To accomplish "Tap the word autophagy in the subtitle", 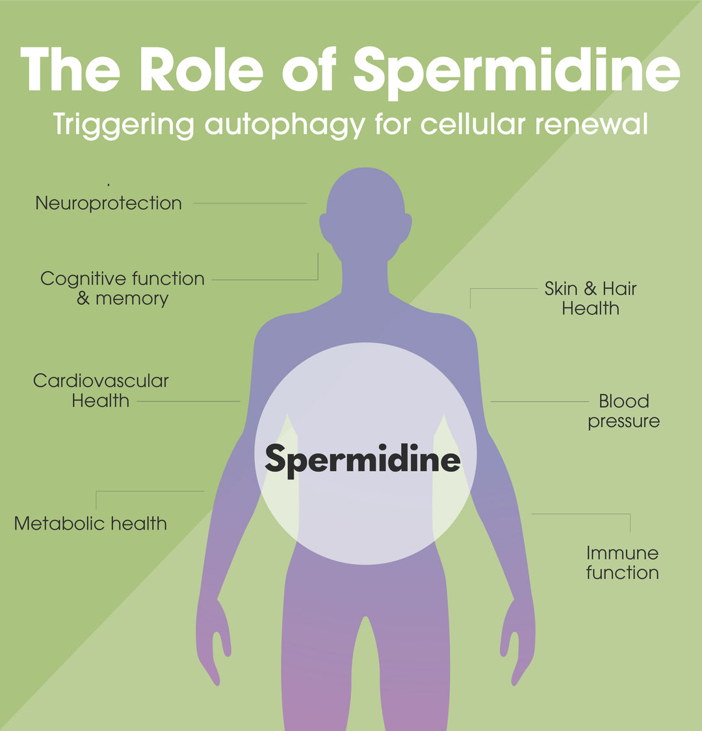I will tap(285, 123).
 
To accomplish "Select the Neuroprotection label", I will tap(109, 203).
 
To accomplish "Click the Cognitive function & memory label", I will tap(122, 289).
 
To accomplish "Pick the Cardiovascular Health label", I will tap(101, 391).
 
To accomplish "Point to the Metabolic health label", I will tap(90, 523).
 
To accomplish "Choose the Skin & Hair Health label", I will tap(590, 298).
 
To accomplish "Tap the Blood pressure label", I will tap(623, 411).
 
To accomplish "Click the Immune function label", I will tap(622, 563).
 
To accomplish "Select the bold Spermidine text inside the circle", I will tap(363, 460).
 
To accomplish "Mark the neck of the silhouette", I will tap(365, 276).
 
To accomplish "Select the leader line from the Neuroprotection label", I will tap(250, 203).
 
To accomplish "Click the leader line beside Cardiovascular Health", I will tap(188, 402).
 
